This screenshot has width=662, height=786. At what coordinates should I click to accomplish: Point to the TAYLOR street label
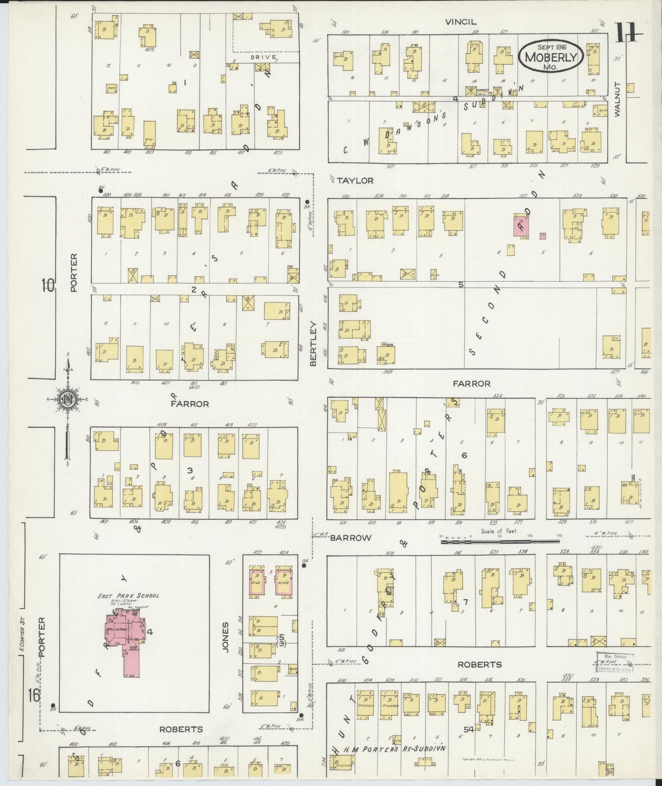click(x=355, y=181)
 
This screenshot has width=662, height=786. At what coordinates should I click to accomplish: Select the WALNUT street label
click(x=617, y=99)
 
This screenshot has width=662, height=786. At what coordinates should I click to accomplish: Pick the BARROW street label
click(x=350, y=537)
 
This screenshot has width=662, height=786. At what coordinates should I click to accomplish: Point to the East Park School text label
click(x=128, y=596)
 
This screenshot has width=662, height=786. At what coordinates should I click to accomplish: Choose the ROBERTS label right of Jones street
click(x=480, y=664)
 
